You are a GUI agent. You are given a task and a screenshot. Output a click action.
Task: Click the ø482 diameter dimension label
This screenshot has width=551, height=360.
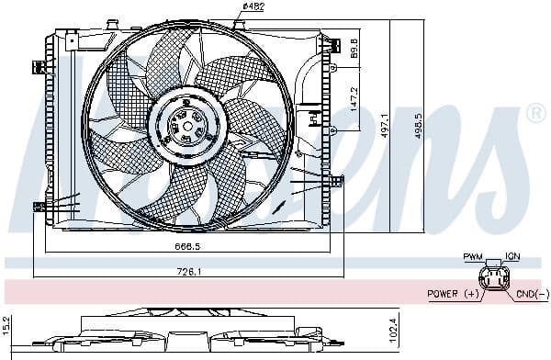pyautogui.click(x=253, y=8)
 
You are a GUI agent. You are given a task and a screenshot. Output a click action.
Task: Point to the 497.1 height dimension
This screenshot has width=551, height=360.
pyautogui.click(x=385, y=124)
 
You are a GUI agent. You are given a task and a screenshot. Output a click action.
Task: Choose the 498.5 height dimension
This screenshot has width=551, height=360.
pyautogui.click(x=420, y=124)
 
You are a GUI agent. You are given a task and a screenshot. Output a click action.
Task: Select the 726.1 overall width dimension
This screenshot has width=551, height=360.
pyautogui.click(x=188, y=270)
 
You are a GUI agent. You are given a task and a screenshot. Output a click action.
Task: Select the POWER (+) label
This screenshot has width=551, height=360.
pyautogui.click(x=453, y=294)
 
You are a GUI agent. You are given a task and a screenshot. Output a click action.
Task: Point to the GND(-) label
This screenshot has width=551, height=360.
pyautogui.click(x=531, y=294)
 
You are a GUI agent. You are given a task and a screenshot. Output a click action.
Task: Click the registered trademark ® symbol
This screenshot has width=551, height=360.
pyautogui.click(x=534, y=114)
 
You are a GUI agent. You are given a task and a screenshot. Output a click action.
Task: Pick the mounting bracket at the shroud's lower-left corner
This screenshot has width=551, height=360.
pyautogui.click(x=39, y=206)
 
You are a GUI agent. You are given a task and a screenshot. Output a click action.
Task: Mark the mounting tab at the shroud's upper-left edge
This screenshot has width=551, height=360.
pyautogui.click(x=39, y=65)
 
